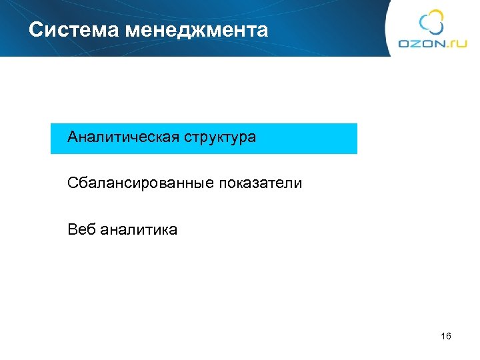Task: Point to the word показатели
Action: tap(259, 183)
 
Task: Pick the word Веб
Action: tap(81, 230)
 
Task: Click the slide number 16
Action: tap(446, 337)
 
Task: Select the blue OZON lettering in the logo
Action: tap(421, 44)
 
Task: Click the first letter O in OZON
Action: tap(404, 44)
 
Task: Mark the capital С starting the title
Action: tap(35, 30)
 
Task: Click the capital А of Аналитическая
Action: tap(73, 138)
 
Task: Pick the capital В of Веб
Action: tap(72, 230)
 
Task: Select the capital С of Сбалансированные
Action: tap(72, 183)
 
